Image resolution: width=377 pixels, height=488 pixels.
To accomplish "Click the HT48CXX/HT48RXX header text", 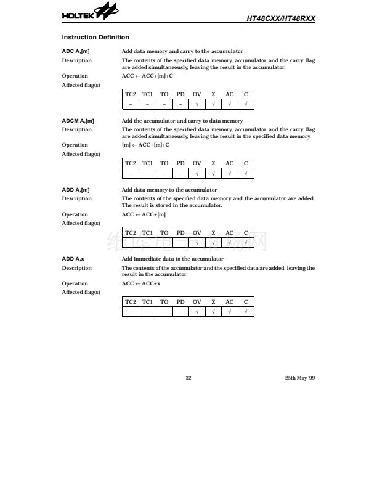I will (280, 18).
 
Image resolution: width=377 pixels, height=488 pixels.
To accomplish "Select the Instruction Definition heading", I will (95, 38).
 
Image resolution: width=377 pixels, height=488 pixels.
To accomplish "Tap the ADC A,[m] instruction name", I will (76, 51).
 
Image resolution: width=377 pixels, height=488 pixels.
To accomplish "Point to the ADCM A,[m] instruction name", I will (78, 121).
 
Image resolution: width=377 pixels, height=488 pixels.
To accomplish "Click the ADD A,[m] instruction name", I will (76, 190).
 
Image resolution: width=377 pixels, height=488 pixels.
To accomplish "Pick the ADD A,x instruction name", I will (73, 259).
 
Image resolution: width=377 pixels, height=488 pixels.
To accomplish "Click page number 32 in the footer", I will (188, 378).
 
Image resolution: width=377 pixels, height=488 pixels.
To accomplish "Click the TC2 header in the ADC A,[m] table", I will (131, 94).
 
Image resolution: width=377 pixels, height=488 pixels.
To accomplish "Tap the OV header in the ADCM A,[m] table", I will (197, 163).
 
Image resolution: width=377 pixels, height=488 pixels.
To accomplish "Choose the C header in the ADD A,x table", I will (246, 302).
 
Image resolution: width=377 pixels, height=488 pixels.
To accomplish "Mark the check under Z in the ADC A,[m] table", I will (213, 104).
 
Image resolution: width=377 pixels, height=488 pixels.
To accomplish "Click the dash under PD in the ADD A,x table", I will (180, 312).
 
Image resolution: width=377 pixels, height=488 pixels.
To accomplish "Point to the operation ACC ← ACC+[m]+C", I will (147, 76).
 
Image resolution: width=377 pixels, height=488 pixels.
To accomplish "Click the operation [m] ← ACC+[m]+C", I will (145, 145).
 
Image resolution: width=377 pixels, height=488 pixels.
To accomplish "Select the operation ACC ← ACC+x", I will (141, 283).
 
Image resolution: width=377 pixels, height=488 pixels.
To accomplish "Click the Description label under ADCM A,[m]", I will (77, 129).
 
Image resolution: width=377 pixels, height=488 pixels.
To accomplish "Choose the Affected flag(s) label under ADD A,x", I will (81, 292).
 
